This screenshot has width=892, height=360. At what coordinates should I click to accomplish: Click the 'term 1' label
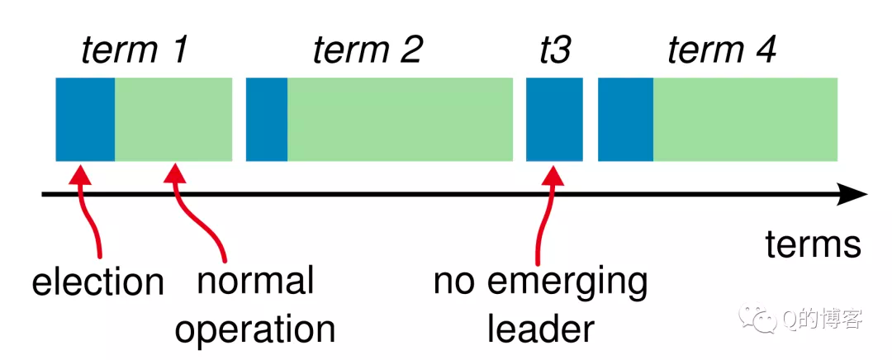tap(135, 50)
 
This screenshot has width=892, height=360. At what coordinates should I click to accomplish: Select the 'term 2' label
tap(368, 50)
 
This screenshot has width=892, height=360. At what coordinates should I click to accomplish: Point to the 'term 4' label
tap(721, 50)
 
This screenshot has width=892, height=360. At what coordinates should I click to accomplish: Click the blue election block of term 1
tap(85, 120)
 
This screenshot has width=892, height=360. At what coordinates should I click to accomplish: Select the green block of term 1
tap(173, 120)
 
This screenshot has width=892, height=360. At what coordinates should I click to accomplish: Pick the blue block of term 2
tap(267, 120)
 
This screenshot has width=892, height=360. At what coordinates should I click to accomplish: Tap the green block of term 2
tap(400, 120)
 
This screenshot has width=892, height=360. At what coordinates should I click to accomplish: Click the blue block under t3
tap(554, 120)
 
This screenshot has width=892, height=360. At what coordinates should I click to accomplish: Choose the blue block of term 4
tap(626, 120)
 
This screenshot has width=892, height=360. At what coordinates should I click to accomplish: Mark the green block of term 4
tap(745, 120)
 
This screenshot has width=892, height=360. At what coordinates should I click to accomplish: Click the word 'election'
tap(97, 282)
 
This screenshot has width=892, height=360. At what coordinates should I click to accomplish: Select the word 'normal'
tap(255, 281)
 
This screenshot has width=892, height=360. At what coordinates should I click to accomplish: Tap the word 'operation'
tap(254, 329)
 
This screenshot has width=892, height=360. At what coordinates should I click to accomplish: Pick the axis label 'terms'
tap(813, 244)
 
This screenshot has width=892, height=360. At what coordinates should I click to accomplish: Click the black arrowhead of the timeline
tap(852, 195)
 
